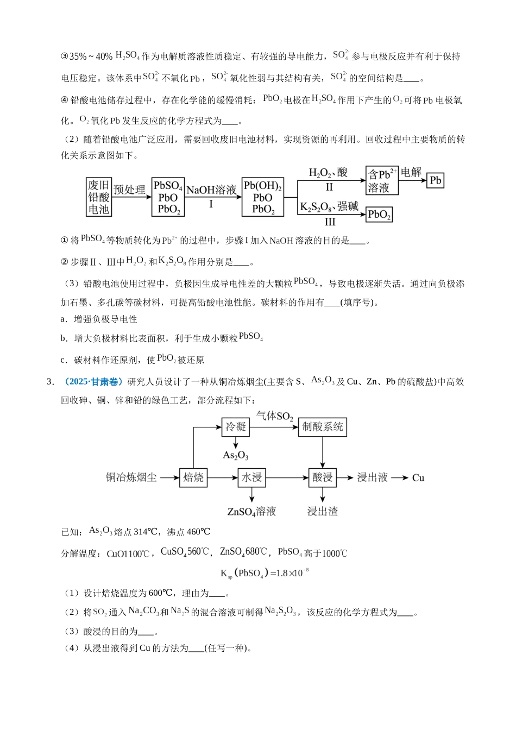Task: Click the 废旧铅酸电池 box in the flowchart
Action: pos(99,197)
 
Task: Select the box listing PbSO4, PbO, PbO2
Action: pos(168,197)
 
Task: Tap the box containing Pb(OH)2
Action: pos(263,197)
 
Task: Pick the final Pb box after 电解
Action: pos(436,180)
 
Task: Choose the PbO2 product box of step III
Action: pos(379,215)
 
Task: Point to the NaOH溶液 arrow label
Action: pos(211,190)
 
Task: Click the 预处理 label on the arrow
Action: pos(130,190)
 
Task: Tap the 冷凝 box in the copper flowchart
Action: pos(236,427)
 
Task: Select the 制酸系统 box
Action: pos(323,427)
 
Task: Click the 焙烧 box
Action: pos(193,477)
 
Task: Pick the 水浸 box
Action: pos(251,477)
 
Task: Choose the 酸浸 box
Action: pos(323,477)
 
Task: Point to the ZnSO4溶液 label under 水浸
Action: pos(251,511)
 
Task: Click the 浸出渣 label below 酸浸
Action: pos(323,511)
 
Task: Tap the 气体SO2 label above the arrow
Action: pos(275,417)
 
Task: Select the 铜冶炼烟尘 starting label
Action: pos(131,477)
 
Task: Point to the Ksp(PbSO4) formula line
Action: pos(265,573)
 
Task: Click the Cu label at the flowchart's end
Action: pos(418,478)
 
